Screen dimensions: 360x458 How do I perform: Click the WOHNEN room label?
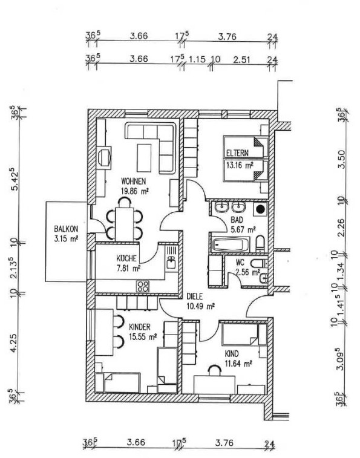pyautogui.click(x=133, y=182)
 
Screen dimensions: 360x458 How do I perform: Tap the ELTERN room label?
pyautogui.click(x=237, y=152)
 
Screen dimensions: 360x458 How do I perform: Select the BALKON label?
pyautogui.click(x=66, y=229)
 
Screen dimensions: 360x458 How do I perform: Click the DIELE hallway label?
pyautogui.click(x=195, y=296)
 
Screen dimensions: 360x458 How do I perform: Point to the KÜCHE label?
pyautogui.click(x=126, y=258)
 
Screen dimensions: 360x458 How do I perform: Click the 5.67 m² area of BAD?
pyautogui.click(x=243, y=229)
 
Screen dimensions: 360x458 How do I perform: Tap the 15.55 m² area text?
pyautogui.click(x=143, y=336)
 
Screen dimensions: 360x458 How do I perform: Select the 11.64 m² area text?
pyautogui.click(x=238, y=364)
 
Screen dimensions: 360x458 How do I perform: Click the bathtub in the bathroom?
pyautogui.click(x=231, y=244)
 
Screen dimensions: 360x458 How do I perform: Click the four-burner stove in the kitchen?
pyautogui.click(x=143, y=286)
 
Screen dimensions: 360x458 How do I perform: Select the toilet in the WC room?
pyautogui.click(x=258, y=263)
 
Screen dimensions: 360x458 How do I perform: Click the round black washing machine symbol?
pyautogui.click(x=260, y=209)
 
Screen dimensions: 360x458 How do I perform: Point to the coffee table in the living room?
pyautogui.click(x=144, y=158)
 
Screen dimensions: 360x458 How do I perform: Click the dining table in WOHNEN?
pyautogui.click(x=125, y=224)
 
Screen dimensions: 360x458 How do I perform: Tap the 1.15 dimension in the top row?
pyautogui.click(x=197, y=59)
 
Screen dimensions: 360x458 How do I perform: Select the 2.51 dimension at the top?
pyautogui.click(x=242, y=59)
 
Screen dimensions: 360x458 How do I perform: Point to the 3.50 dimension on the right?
pyautogui.click(x=341, y=159)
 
